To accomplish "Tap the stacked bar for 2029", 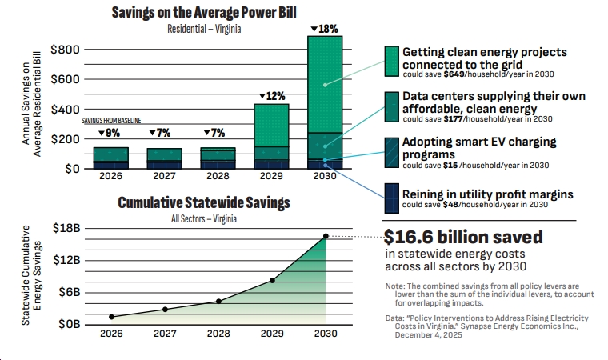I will coord(271,136).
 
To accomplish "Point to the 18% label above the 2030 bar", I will coord(324,29).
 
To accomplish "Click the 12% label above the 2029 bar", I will coord(271,97).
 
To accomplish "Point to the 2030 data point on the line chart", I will coord(326,236).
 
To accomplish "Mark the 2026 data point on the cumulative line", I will coord(111,317).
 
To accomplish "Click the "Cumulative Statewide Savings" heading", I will coord(203,203).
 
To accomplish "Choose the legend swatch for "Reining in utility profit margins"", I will coord(391,198).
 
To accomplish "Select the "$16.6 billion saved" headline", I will coord(463,238).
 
